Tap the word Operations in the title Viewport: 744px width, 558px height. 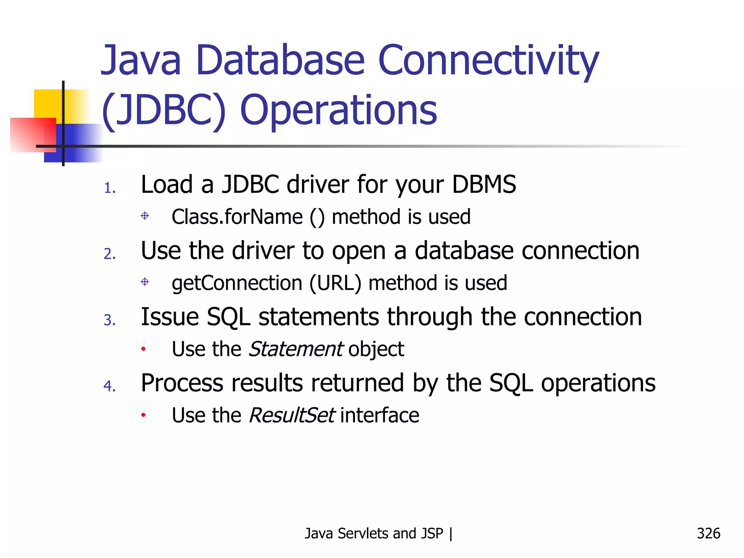(x=339, y=110)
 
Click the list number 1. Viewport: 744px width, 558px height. (x=110, y=188)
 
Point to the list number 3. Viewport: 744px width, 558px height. (x=110, y=320)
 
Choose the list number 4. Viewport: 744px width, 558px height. (x=110, y=386)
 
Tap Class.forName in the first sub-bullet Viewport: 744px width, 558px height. (x=237, y=217)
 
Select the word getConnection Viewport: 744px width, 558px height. (x=237, y=283)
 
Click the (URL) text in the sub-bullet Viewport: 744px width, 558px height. (x=335, y=283)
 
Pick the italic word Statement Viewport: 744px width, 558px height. (x=295, y=349)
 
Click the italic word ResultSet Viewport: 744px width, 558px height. (x=292, y=416)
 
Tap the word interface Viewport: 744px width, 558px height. (x=380, y=416)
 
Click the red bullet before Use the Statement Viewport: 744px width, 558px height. (x=143, y=349)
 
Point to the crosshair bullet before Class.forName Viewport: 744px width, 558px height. (x=145, y=216)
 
